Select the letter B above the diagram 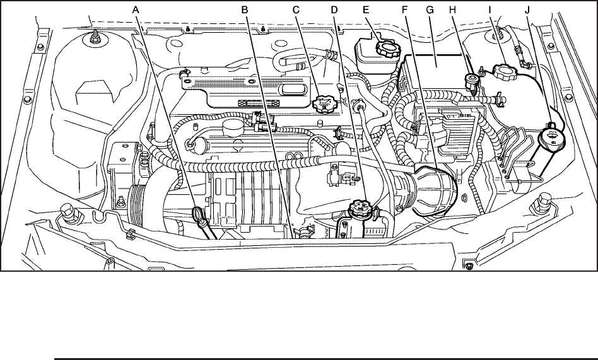(245, 9)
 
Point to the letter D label (334, 9)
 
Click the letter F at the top (406, 9)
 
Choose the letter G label (430, 9)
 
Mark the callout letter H (452, 9)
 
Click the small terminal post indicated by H (469, 81)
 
